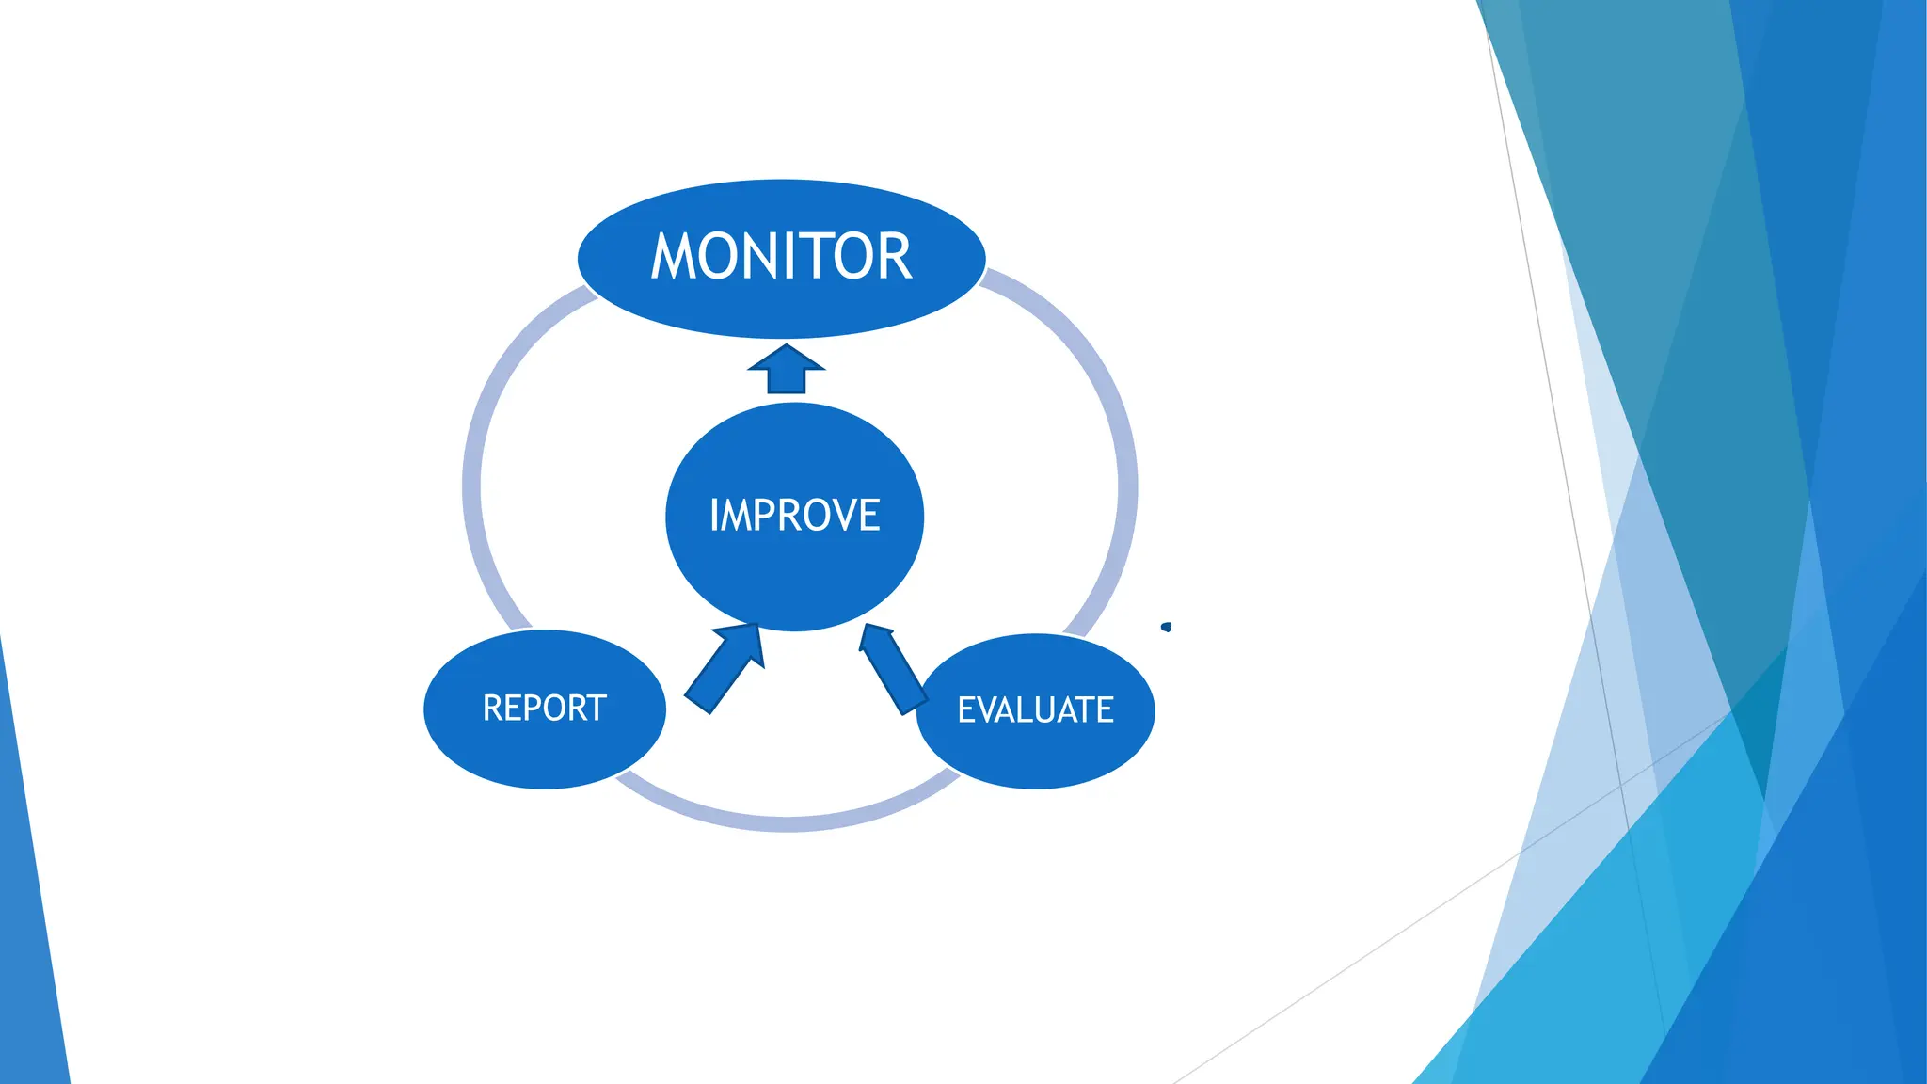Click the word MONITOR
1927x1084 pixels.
click(781, 257)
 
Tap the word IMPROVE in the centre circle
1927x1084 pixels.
click(794, 516)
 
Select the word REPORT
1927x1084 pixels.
click(544, 708)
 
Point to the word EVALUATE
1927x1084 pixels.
click(1035, 709)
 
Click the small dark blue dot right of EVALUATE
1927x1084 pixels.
click(1167, 627)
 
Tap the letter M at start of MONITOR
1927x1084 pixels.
click(673, 257)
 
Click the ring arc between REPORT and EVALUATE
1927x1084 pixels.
click(787, 822)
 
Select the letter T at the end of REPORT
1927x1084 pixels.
click(597, 708)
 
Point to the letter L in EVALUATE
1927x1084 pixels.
click(1018, 709)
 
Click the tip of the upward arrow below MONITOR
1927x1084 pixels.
click(787, 347)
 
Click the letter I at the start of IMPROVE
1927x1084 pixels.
click(714, 516)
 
